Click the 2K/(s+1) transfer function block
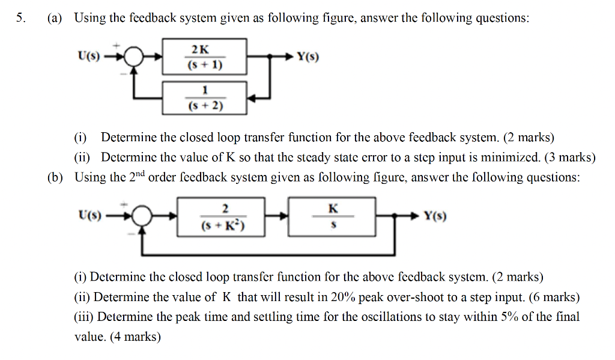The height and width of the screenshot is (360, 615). pos(204,56)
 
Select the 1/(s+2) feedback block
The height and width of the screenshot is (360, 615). pos(204,98)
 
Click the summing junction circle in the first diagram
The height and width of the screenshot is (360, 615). pos(136,57)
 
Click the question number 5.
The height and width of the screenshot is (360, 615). pos(20,18)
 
